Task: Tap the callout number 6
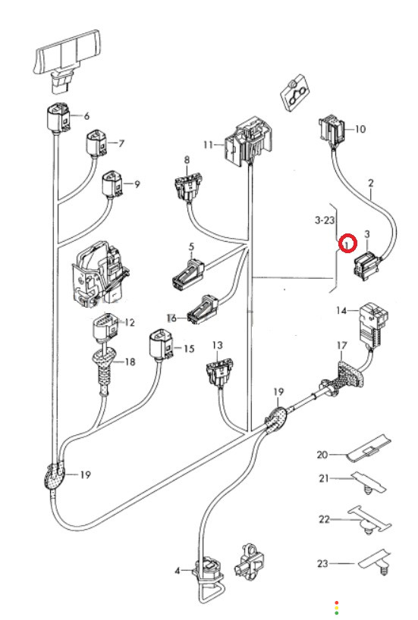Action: [86, 116]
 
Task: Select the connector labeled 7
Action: [96, 142]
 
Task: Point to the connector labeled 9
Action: [112, 183]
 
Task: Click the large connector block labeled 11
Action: [248, 140]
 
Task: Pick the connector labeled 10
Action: [332, 128]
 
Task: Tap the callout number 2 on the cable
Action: [370, 183]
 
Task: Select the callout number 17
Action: [341, 346]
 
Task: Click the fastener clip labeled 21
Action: [369, 483]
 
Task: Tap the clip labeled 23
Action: [375, 561]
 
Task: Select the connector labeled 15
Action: [161, 344]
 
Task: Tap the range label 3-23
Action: [325, 220]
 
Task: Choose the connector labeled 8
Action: [187, 187]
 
